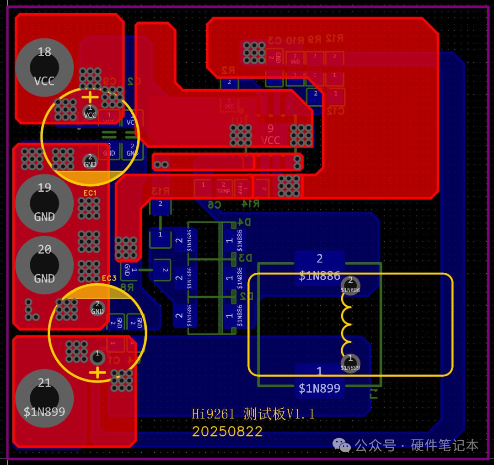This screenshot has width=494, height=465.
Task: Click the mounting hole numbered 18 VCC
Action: pos(44,67)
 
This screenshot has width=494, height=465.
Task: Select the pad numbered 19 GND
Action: pos(44,202)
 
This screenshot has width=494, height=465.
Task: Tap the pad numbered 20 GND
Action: pos(44,264)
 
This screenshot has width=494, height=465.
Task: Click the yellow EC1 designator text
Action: pos(90,193)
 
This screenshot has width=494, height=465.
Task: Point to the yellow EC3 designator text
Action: pos(109,278)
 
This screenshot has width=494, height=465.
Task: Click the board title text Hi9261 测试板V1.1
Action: pos(253,414)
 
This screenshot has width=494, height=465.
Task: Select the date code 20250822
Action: pos(227,432)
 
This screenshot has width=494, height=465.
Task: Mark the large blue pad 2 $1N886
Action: pos(319,267)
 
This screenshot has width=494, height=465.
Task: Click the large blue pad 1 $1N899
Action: pos(319,379)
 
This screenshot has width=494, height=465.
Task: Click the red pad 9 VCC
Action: pos(270,134)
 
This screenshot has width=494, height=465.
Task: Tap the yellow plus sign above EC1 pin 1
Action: pos(90,97)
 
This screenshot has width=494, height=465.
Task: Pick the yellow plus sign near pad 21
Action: pos(97,373)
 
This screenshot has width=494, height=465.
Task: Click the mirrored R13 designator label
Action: pos(160,191)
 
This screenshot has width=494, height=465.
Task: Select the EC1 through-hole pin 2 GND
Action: pos(90,161)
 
